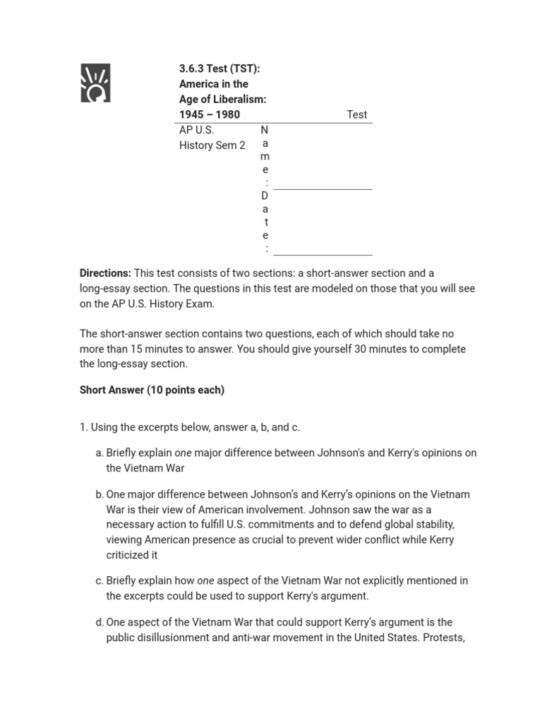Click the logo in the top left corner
click(95, 83)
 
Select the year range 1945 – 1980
click(210, 114)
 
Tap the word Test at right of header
click(356, 114)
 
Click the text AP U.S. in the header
click(196, 130)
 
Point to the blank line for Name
click(323, 188)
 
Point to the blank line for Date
click(323, 253)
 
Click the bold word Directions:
click(105, 273)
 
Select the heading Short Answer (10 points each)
click(152, 390)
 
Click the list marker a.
click(99, 453)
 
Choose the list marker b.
click(99, 494)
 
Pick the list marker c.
click(99, 580)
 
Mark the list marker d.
click(99, 622)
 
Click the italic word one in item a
click(183, 453)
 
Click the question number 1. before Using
click(83, 427)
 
